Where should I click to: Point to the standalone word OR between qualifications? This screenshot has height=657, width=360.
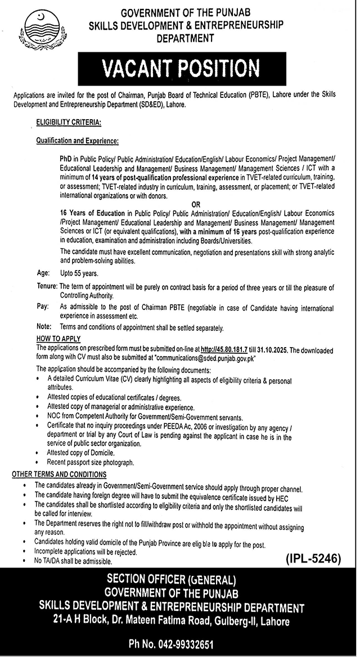coord(196,205)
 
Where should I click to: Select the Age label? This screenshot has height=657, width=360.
coord(43,274)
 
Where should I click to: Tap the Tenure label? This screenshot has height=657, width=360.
coord(46,287)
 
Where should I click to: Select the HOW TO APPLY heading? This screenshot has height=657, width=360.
coord(58,339)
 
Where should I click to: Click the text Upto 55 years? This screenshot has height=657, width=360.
coord(79,274)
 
